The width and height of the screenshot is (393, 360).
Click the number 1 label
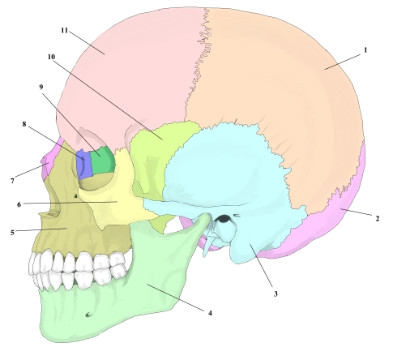pyautogui.click(x=365, y=50)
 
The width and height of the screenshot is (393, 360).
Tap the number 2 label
pyautogui.click(x=378, y=218)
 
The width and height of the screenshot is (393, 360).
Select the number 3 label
pyautogui.click(x=276, y=294)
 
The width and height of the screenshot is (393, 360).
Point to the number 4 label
pyautogui.click(x=210, y=313)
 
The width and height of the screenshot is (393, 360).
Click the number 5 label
pyautogui.click(x=12, y=233)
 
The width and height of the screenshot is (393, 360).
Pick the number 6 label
pyautogui.click(x=19, y=204)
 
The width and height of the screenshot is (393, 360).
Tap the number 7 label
pyautogui.click(x=12, y=181)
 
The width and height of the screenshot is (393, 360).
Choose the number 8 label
pyautogui.click(x=24, y=124)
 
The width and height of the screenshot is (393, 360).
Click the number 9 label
pyautogui.click(x=41, y=87)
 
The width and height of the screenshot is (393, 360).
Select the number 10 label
pyautogui.click(x=51, y=57)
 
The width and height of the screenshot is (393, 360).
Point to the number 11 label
pyautogui.click(x=64, y=30)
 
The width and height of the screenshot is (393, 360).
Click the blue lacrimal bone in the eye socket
pyautogui.click(x=83, y=165)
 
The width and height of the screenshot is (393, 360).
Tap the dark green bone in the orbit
pyautogui.click(x=102, y=160)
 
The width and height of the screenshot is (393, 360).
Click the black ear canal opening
pyautogui.click(x=224, y=218)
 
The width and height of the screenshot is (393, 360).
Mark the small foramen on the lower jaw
pyautogui.click(x=88, y=315)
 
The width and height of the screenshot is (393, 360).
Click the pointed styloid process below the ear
pyautogui.click(x=207, y=246)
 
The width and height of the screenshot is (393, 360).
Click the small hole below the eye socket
pyautogui.click(x=76, y=195)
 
